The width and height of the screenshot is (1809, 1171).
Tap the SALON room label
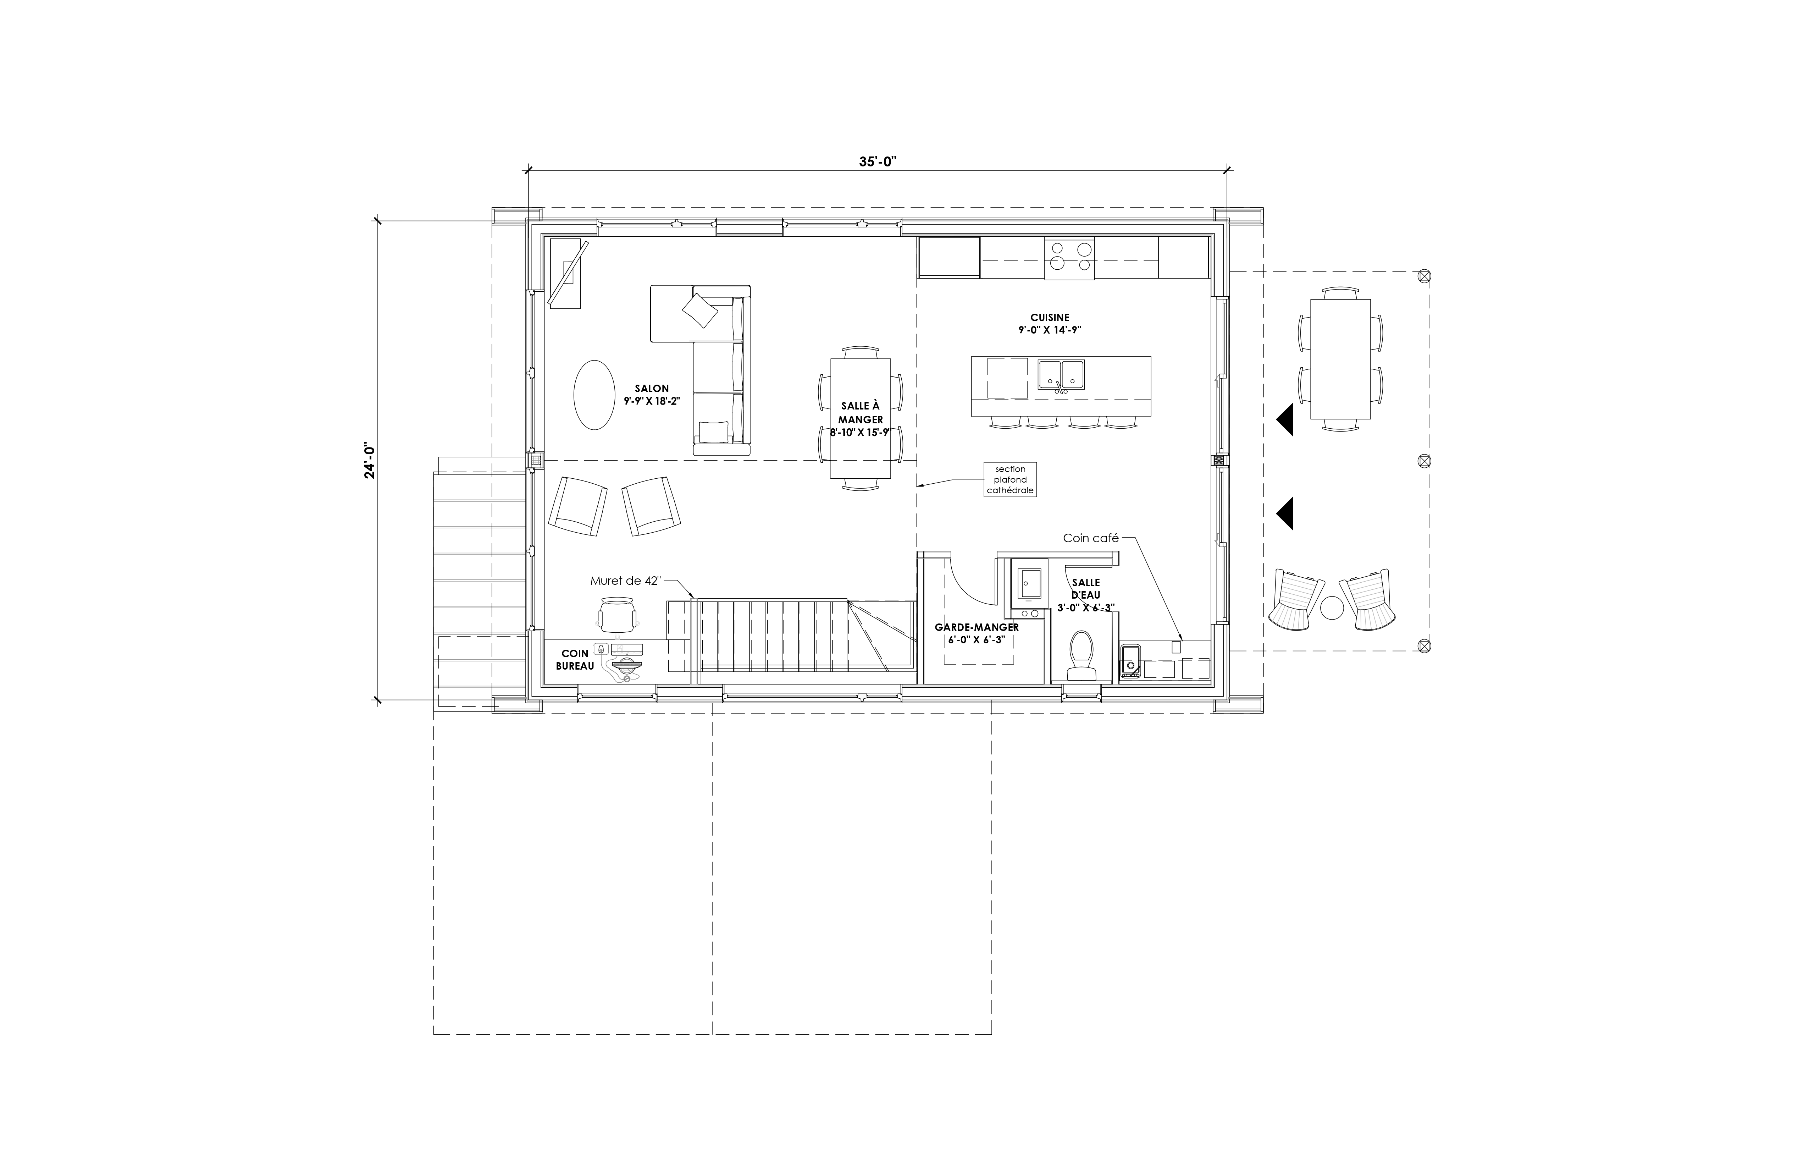(x=651, y=389)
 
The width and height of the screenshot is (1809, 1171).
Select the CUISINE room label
(x=1050, y=318)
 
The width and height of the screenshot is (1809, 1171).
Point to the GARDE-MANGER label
(x=977, y=627)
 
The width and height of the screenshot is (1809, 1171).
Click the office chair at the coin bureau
(x=616, y=614)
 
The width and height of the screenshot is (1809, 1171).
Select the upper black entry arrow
(x=1284, y=420)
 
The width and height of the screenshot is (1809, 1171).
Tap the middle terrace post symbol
(x=1424, y=461)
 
